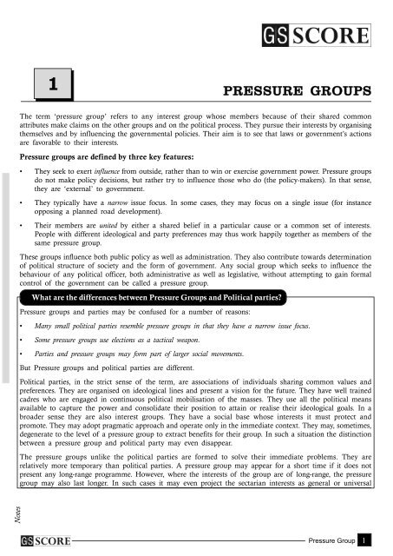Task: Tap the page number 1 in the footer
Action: pyautogui.click(x=367, y=543)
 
